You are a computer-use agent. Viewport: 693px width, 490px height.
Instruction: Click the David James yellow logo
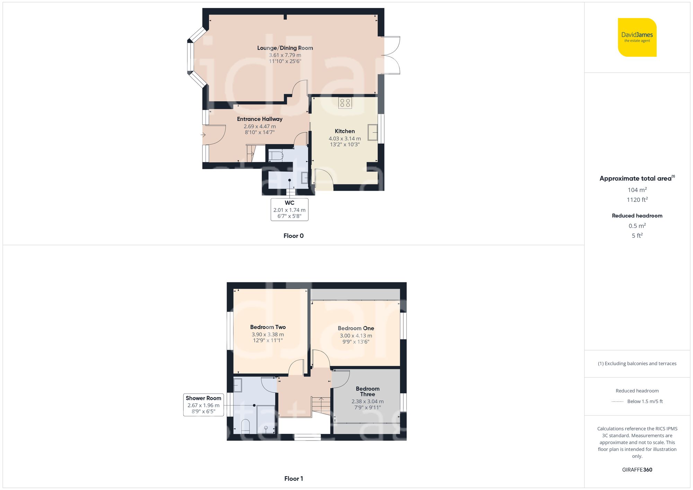637,37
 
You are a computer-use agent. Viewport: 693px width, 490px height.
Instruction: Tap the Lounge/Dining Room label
285,48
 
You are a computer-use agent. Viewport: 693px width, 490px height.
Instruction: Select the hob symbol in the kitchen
345,103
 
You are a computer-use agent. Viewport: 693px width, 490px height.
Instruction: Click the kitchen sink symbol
372,132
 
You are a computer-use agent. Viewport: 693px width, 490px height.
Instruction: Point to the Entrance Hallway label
260,119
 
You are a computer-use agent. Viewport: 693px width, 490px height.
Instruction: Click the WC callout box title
289,203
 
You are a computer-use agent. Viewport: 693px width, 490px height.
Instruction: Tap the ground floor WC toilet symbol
275,155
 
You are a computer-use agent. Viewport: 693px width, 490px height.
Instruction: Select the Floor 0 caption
293,236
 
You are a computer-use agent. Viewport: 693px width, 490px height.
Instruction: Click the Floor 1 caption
293,479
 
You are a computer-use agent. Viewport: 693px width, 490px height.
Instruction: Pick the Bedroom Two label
268,327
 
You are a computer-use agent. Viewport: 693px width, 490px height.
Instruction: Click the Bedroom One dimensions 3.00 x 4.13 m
356,336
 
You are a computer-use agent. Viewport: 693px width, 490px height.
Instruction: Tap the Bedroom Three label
367,391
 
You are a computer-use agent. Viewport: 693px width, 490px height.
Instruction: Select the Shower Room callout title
203,398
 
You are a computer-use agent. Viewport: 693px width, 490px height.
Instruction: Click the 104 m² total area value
637,190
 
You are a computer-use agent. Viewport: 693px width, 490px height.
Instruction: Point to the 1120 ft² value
637,200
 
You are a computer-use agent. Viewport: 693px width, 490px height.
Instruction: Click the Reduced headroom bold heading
637,216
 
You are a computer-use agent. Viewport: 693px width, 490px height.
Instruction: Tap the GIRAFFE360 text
637,470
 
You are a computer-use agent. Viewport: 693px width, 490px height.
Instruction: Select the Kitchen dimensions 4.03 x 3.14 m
344,139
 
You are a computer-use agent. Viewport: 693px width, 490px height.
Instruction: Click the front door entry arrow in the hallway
203,135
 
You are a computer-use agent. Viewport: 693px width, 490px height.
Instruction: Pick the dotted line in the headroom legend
617,402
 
